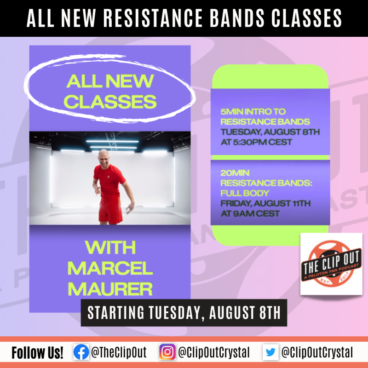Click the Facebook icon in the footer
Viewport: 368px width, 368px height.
[80, 353]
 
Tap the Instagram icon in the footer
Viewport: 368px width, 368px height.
[167, 353]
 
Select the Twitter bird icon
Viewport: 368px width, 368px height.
[270, 353]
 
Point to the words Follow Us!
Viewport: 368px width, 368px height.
[38, 353]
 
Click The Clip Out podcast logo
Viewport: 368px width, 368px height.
[331, 264]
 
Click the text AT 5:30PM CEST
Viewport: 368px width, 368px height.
[256, 142]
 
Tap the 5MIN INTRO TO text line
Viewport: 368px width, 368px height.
[253, 112]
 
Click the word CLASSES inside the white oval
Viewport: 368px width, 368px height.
[111, 102]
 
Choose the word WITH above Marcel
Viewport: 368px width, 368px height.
[110, 248]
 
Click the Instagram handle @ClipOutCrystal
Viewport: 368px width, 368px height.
[213, 353]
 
